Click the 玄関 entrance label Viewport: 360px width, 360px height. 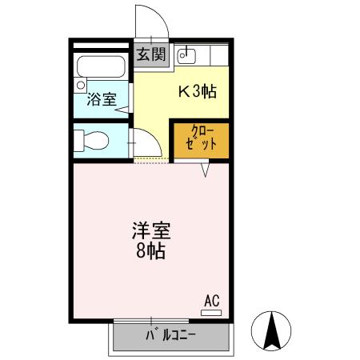tap(150, 55)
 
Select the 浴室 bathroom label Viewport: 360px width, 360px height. tap(101, 102)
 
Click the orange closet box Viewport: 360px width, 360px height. tap(201, 140)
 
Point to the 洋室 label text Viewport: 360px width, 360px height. tap(150, 231)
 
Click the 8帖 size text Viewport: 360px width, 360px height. tap(150, 253)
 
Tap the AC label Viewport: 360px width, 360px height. tap(211, 301)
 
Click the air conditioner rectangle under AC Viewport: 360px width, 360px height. tap(211, 312)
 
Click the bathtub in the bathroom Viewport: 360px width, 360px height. tap(101, 66)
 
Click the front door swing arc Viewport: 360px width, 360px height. tap(152, 20)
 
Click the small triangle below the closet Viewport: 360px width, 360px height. tap(206, 170)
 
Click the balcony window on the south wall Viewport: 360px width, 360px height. tap(150, 321)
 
